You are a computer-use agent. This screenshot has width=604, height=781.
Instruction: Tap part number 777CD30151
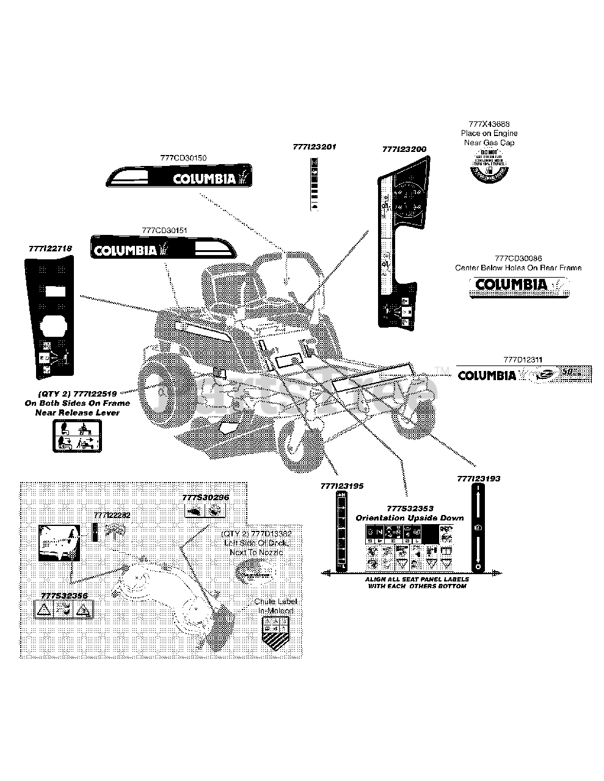[x=164, y=230]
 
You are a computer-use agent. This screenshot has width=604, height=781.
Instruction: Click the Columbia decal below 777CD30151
[x=162, y=249]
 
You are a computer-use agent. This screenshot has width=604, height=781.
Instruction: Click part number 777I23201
[x=315, y=147]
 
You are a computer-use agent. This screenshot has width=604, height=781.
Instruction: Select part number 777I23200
[x=404, y=149]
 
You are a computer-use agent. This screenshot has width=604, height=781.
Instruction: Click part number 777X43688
[x=489, y=123]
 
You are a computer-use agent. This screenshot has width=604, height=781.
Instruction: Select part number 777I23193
[x=478, y=479]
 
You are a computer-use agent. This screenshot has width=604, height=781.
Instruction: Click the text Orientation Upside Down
[x=410, y=517]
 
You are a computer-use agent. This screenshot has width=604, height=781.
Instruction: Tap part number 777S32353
[x=410, y=508]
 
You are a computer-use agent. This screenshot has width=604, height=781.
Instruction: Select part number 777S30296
[x=205, y=497]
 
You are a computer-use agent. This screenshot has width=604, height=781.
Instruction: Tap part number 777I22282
[x=112, y=516]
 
